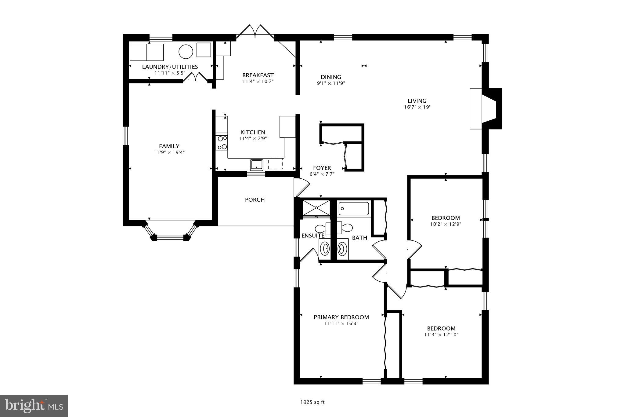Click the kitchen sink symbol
tap(257, 165)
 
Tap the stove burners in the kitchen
tap(222, 143)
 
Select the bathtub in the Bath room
tap(354, 209)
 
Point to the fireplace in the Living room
tap(485, 108)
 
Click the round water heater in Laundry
tap(186, 51)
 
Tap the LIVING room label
tap(417, 101)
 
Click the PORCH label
tap(255, 199)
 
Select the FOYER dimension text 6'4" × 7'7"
tap(322, 174)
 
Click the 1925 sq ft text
tap(312, 402)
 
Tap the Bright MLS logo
tap(34, 406)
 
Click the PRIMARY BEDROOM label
tap(341, 317)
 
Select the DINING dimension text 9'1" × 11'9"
tap(331, 83)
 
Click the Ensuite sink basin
tap(326, 249)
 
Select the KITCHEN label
tap(253, 132)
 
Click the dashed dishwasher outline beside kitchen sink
tap(275, 164)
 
